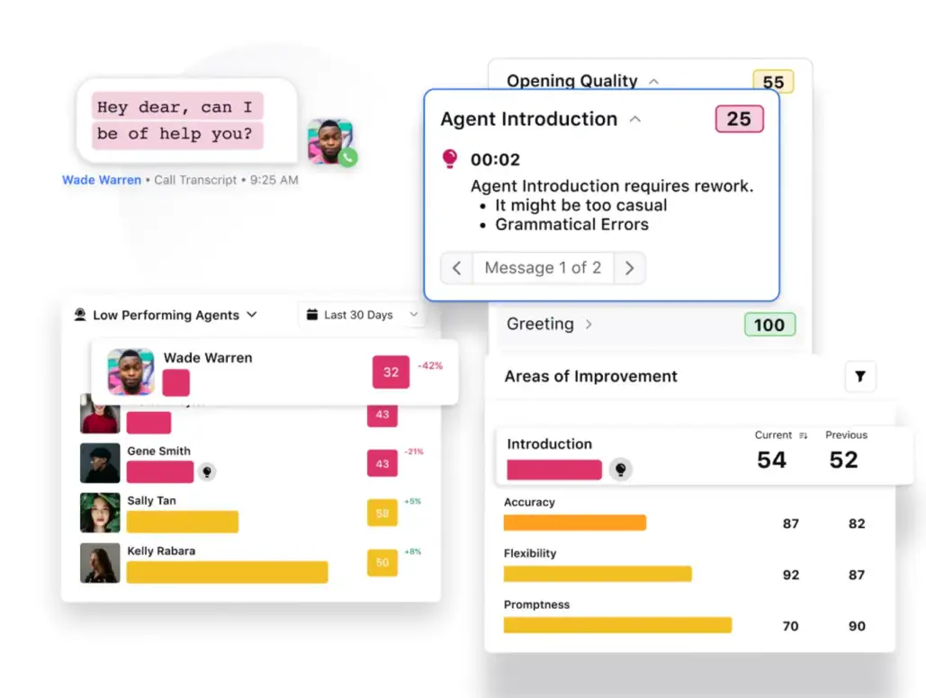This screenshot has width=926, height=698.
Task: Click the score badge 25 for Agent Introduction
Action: click(739, 119)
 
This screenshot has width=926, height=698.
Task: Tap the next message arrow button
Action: click(629, 268)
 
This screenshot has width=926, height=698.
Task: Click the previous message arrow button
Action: click(457, 268)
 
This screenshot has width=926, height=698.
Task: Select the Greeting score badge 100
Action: click(769, 325)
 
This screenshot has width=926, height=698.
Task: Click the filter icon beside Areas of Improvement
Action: click(860, 376)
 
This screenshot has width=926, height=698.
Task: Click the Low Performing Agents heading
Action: click(166, 315)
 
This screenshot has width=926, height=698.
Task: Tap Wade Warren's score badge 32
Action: click(391, 372)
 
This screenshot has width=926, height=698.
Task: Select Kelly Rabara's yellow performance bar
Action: click(227, 572)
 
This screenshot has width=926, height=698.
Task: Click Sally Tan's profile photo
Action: click(100, 513)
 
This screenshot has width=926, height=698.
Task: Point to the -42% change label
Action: click(430, 366)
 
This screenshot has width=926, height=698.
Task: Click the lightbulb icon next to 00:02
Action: click(450, 159)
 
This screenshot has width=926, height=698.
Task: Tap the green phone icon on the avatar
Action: click(347, 157)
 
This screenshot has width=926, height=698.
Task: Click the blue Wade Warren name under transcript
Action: click(102, 180)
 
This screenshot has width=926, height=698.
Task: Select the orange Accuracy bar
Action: click(574, 523)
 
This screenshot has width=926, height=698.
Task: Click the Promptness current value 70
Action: click(790, 626)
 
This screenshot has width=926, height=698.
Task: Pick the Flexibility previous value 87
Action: click(857, 575)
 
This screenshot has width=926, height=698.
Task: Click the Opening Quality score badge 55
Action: click(773, 82)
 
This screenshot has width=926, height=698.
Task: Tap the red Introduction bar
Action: click(553, 470)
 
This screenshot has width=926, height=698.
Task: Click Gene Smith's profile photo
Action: click(100, 463)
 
